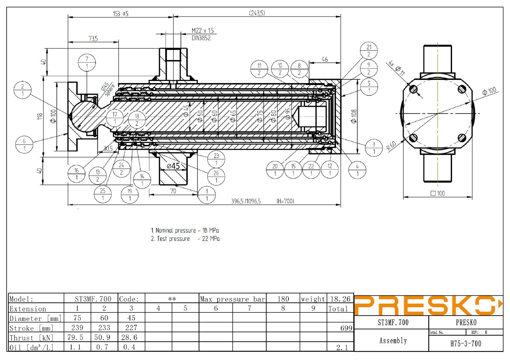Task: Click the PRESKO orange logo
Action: [428, 306]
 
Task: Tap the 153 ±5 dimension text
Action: [120, 14]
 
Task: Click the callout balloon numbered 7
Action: [87, 62]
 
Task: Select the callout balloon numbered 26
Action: [216, 176]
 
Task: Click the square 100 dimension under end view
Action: [437, 193]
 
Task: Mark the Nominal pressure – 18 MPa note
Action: [185, 231]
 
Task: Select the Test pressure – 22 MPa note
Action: [185, 239]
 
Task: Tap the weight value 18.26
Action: [340, 299]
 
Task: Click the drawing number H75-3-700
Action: [466, 343]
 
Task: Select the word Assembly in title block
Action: [393, 341]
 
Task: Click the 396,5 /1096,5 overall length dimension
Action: [246, 201]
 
